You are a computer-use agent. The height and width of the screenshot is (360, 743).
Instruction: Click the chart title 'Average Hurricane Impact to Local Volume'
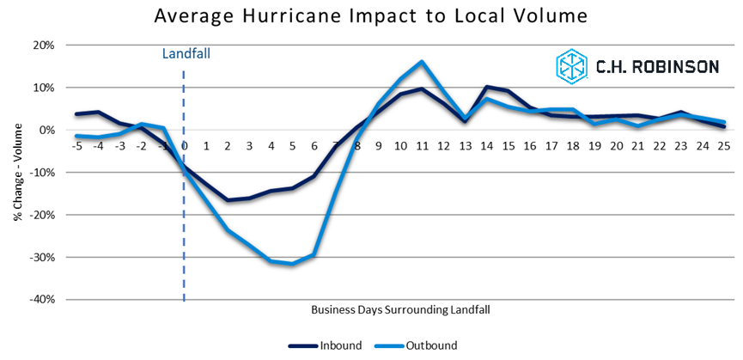(370, 15)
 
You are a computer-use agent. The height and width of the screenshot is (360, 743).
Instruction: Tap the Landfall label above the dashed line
(186, 53)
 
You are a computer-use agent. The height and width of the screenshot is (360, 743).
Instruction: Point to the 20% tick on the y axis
(42, 45)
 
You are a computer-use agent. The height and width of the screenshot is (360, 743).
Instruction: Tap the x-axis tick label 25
(724, 146)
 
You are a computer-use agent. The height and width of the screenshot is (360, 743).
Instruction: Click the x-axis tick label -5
(76, 146)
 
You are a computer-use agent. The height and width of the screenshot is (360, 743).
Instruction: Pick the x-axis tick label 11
(422, 146)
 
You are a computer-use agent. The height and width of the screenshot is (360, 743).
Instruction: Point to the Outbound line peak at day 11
(422, 62)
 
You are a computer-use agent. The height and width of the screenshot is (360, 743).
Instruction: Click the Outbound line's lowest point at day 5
(292, 264)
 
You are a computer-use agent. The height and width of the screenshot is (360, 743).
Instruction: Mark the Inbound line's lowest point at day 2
(228, 200)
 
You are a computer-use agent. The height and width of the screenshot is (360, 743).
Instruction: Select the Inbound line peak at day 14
(487, 87)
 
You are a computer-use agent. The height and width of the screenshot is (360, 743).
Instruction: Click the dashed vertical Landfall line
(185, 223)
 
